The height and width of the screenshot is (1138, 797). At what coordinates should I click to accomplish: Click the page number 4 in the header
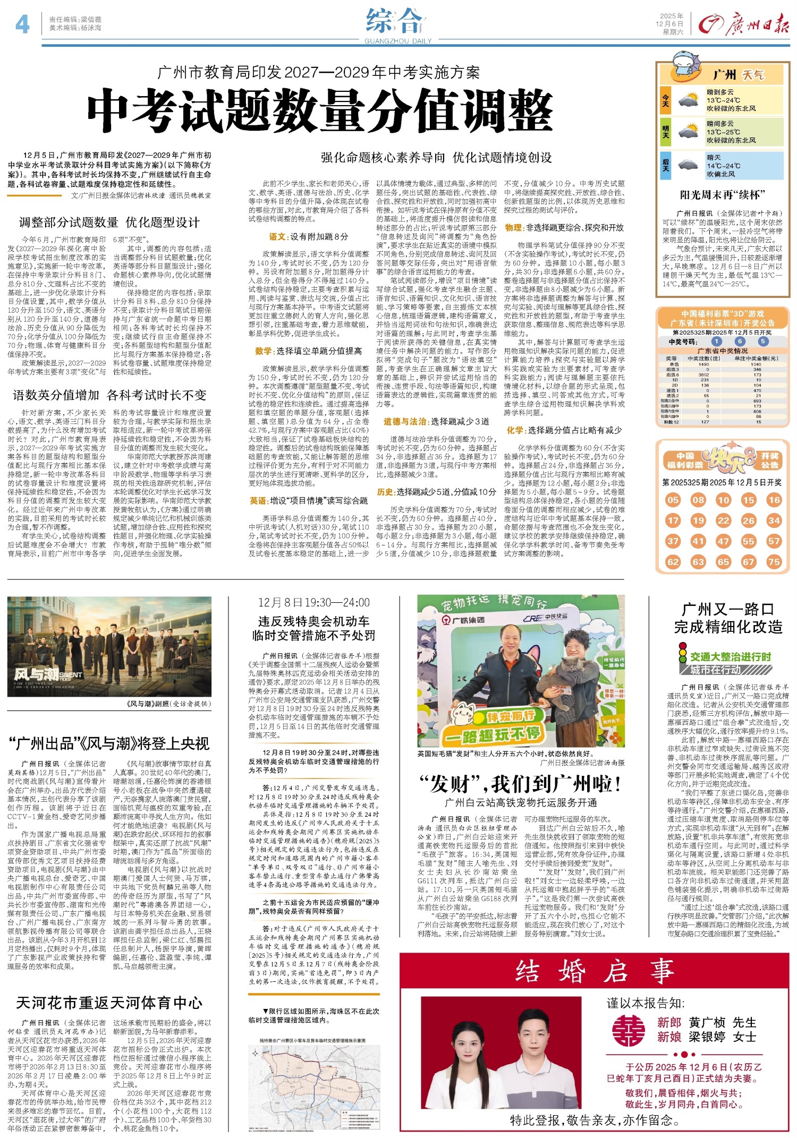[22, 24]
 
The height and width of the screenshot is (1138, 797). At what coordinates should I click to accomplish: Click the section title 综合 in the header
[394, 21]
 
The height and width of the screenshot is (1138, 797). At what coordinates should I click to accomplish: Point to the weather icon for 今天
[688, 100]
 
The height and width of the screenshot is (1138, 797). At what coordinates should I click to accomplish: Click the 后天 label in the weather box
[665, 165]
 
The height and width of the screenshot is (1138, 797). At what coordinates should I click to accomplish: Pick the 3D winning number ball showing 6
[740, 341]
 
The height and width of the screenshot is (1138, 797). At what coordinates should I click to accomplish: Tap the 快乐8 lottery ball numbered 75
[774, 561]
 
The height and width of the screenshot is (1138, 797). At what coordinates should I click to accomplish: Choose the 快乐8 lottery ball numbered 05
[673, 500]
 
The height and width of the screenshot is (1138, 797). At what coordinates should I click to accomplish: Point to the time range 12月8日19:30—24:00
[313, 602]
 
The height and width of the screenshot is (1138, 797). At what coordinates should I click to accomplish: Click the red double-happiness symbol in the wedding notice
[629, 1030]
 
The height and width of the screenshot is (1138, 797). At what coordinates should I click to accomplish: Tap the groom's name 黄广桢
[707, 1022]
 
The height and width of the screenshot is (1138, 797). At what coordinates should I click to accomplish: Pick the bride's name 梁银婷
[707, 1037]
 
